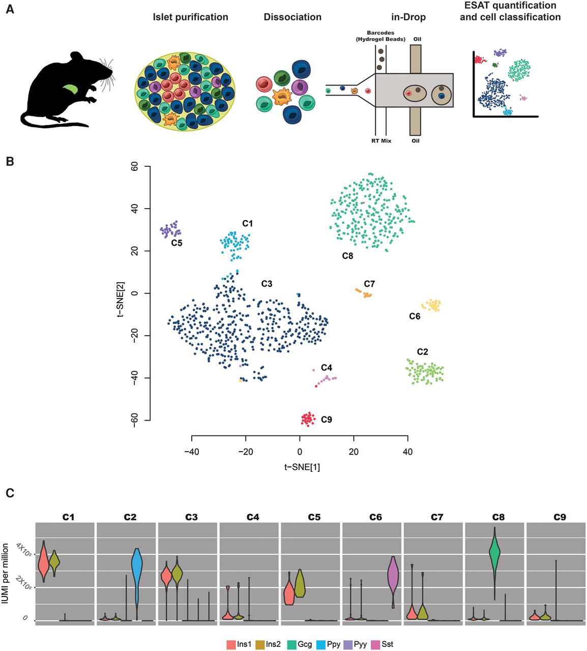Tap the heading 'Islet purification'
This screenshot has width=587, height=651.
pos(190,17)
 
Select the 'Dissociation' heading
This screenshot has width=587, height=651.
pos(292,17)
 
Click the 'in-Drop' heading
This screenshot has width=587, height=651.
pos(408,17)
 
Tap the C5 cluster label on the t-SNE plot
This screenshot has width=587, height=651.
pos(177,243)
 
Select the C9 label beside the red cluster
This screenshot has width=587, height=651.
pos(326,420)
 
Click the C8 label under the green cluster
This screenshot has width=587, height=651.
pos(347,256)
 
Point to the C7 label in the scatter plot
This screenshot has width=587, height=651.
pos(369,284)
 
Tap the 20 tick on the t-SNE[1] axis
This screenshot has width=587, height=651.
pos(354,451)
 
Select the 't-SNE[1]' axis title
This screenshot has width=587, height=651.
pos(302,467)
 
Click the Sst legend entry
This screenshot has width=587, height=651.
pos(382,644)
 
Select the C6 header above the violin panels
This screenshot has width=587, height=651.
pos(375,517)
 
